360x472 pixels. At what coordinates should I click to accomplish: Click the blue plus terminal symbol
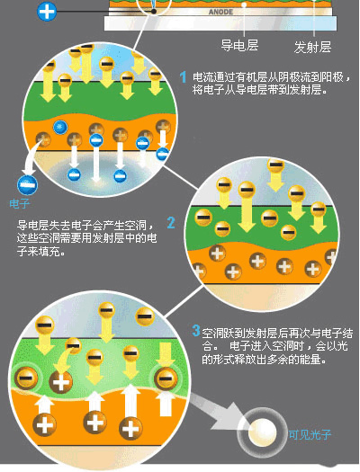(x=47, y=12)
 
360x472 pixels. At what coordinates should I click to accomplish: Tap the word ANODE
(x=220, y=12)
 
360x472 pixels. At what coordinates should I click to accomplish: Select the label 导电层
(x=239, y=46)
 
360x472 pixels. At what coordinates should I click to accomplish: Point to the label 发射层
(x=312, y=48)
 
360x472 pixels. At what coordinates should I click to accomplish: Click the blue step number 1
(x=183, y=77)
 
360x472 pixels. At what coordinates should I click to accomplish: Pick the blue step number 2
(x=171, y=223)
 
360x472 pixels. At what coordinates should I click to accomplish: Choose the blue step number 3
(x=196, y=331)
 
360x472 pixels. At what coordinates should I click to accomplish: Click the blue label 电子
(x=19, y=204)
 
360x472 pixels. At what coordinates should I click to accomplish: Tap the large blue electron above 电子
(x=27, y=185)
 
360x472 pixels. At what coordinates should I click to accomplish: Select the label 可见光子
(x=310, y=434)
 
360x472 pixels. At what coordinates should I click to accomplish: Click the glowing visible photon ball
(x=262, y=432)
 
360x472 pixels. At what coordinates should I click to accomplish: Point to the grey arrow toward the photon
(x=220, y=413)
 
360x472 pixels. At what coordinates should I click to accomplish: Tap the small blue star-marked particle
(x=60, y=127)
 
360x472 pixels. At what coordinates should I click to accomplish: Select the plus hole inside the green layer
(x=60, y=382)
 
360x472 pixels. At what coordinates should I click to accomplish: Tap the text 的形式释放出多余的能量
(x=265, y=359)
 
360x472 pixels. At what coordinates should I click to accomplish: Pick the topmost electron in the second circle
(x=275, y=165)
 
